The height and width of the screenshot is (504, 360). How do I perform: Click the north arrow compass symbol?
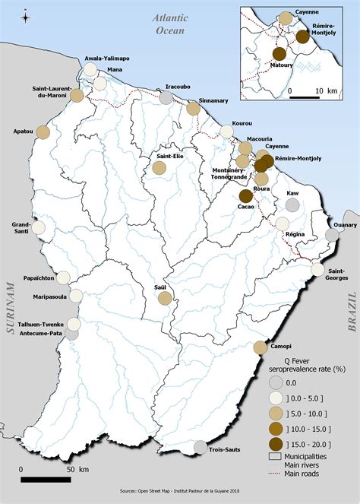[25, 16]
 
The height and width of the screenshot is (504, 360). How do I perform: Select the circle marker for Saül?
[164, 297]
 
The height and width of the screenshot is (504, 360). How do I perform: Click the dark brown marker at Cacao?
[246, 195]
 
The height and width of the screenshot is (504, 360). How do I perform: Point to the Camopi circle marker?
[260, 347]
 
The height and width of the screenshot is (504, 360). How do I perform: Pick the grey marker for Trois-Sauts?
[200, 447]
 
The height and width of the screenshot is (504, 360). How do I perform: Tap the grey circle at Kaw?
[292, 205]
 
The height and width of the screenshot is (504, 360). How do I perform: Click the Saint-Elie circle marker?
[159, 168]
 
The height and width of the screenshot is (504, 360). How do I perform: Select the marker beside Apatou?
[43, 132]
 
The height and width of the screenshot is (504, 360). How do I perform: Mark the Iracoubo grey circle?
[166, 97]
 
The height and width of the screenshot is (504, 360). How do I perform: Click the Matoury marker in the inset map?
[279, 53]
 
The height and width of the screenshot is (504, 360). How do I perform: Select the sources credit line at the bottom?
[180, 493]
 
